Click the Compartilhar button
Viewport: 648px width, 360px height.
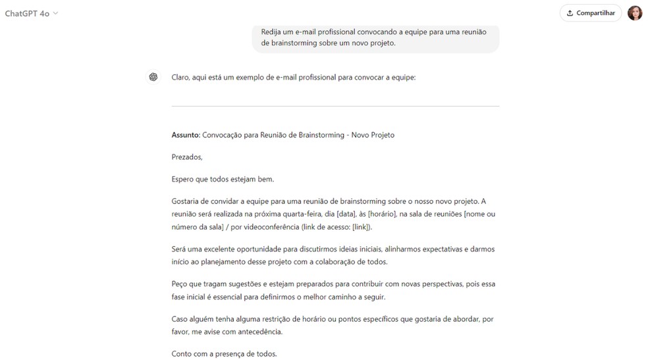(x=590, y=13)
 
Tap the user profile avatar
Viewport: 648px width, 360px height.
(x=635, y=13)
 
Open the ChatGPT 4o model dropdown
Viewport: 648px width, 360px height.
(x=32, y=13)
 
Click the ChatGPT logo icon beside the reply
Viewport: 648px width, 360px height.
(x=153, y=78)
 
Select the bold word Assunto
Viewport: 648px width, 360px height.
(x=185, y=135)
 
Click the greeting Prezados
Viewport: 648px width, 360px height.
(x=187, y=157)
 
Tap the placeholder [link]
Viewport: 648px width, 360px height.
(x=361, y=227)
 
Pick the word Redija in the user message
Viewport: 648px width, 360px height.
(x=272, y=32)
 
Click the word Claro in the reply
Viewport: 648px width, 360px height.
(x=181, y=78)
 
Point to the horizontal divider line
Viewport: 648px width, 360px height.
(x=335, y=106)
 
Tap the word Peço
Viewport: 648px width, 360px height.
(x=180, y=284)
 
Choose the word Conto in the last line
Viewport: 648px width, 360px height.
(x=182, y=353)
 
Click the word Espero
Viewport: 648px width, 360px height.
(x=184, y=179)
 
